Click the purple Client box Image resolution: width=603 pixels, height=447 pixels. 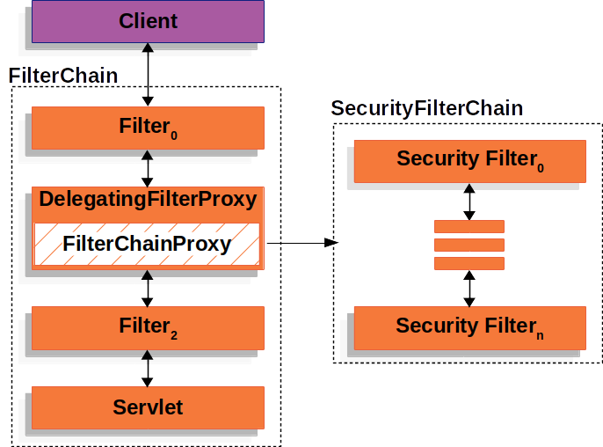tap(148, 21)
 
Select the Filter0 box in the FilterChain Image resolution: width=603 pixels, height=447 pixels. tap(148, 128)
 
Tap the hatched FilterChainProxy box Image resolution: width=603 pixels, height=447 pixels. tap(148, 245)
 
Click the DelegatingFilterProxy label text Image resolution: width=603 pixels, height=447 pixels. tap(148, 200)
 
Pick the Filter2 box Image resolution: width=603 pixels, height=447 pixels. tap(148, 327)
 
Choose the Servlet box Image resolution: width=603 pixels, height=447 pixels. tap(148, 407)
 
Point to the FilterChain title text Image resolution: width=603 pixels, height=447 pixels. tap(62, 76)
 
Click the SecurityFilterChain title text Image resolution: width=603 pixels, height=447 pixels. tap(427, 109)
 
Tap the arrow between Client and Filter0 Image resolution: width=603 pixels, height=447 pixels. tap(148, 75)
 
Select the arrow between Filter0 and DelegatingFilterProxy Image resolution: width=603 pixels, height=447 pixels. tap(148, 167)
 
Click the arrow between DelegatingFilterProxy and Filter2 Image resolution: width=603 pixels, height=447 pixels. tap(148, 289)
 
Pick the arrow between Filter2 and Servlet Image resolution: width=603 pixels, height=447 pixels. tap(148, 368)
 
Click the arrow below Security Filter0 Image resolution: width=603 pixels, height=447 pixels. tap(469, 202)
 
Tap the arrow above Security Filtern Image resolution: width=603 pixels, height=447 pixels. tap(469, 288)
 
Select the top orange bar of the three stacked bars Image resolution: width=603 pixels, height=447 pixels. tap(469, 226)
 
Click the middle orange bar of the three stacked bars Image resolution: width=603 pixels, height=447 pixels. tap(469, 245)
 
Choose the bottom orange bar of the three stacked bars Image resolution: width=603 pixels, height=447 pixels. tap(469, 263)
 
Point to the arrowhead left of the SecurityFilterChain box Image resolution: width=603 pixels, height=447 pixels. tap(331, 244)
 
